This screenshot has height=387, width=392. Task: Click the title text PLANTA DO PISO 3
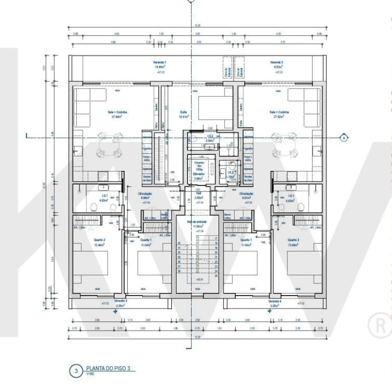[105, 369]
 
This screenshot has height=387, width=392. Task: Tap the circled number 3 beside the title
[76, 370]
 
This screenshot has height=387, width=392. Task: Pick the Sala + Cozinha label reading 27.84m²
[115, 113]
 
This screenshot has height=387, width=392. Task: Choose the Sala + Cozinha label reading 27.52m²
[281, 113]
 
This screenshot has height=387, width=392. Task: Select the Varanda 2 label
[121, 301]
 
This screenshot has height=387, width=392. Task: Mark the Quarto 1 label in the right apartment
[246, 240]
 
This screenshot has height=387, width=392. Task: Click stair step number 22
[216, 262]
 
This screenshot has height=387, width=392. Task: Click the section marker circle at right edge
[343, 138]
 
